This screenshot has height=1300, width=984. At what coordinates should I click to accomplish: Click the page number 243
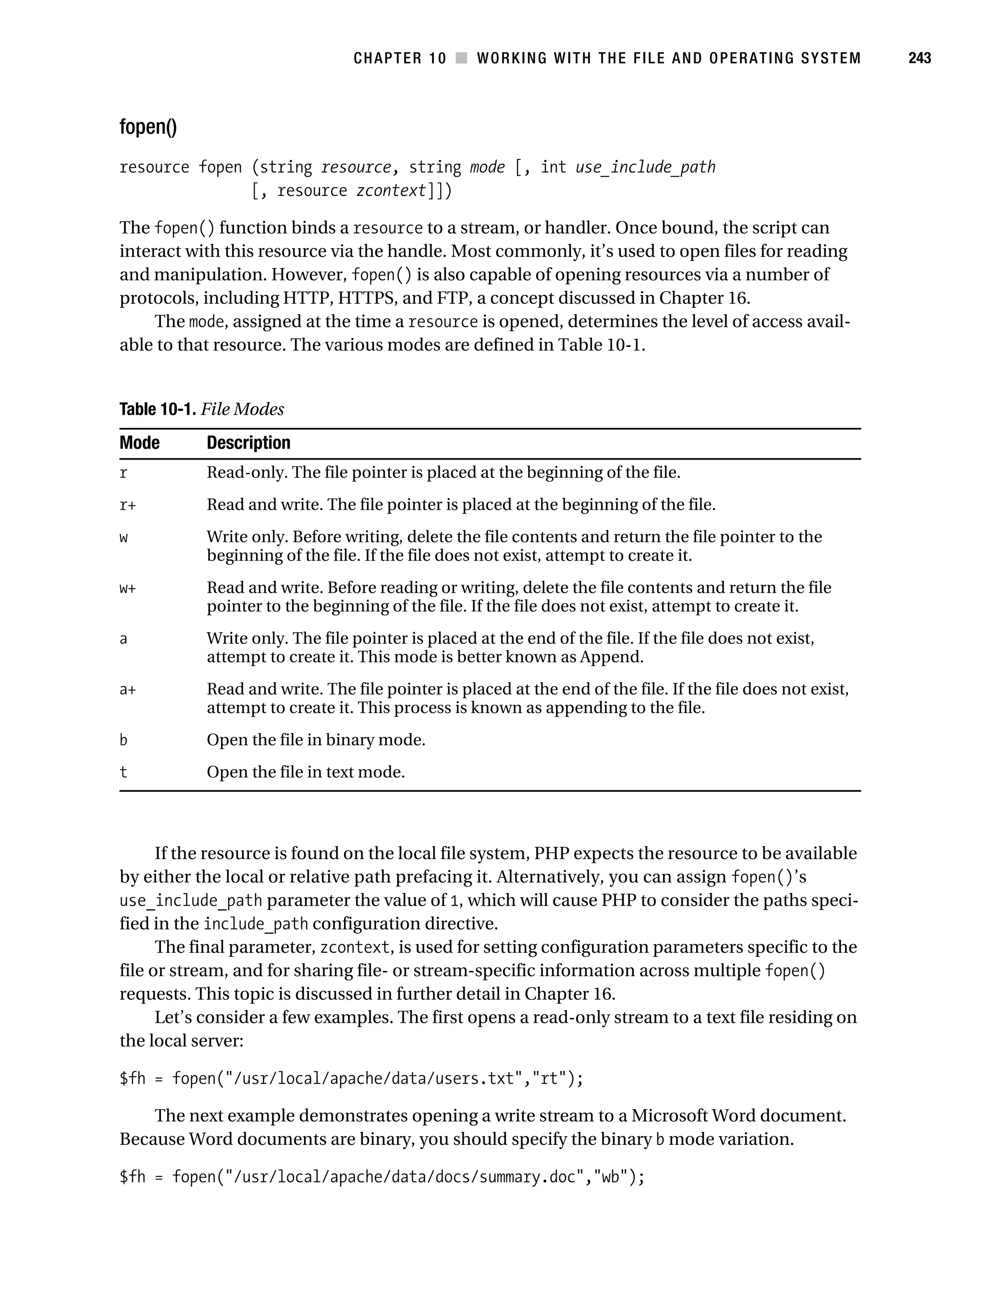(x=919, y=58)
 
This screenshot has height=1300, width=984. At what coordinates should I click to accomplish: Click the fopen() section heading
(x=148, y=127)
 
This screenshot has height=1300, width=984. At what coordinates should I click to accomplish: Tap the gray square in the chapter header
(x=461, y=58)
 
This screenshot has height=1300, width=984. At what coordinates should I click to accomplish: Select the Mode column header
(x=139, y=442)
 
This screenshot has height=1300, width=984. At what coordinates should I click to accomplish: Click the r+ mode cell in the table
(x=127, y=505)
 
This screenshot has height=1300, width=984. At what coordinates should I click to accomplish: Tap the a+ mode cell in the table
(x=127, y=689)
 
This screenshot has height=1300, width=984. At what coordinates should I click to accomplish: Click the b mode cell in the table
(x=123, y=740)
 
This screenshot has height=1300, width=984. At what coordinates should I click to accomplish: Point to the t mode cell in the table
(x=123, y=772)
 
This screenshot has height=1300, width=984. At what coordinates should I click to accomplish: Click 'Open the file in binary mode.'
(x=316, y=740)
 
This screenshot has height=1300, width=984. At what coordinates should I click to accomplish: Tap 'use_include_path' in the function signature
(x=645, y=168)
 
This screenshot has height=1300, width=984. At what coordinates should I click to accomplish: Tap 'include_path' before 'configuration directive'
(x=255, y=924)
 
